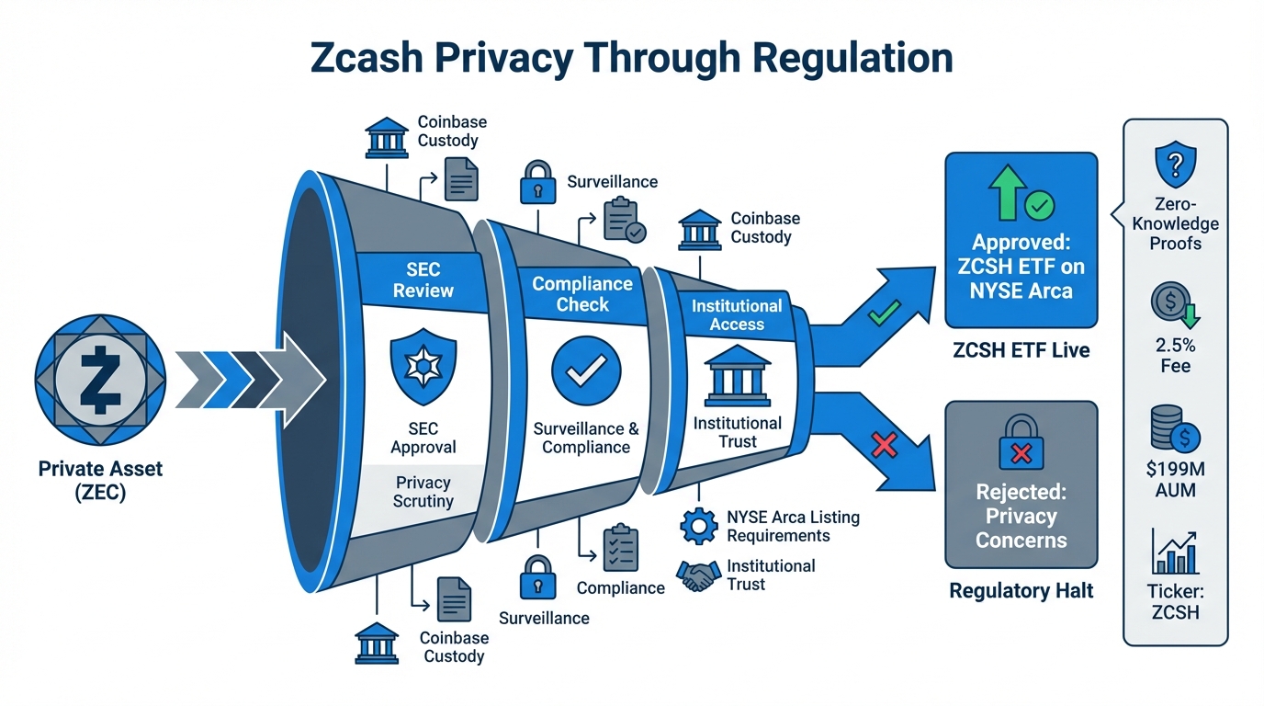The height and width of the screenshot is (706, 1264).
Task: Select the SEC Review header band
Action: coord(423,279)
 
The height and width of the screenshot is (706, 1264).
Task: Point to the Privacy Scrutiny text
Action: coord(423,492)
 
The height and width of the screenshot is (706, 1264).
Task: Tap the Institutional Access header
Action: coord(737,314)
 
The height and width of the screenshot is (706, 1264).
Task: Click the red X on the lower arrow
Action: coord(883,447)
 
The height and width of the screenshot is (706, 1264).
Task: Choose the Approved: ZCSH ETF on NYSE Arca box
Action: coord(1021,241)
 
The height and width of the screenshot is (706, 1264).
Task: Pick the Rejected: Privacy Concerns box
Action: coord(1021,484)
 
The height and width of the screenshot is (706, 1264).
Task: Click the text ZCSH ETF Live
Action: coord(1021,350)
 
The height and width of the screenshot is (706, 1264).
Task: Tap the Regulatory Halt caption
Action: coord(1021,591)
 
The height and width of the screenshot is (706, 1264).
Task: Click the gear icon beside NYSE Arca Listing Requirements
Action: coord(697,525)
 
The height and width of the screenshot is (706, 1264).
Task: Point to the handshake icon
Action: coord(697,576)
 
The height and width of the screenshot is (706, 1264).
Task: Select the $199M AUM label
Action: coord(1175,480)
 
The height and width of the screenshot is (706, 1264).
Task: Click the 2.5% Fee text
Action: coord(1175,356)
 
